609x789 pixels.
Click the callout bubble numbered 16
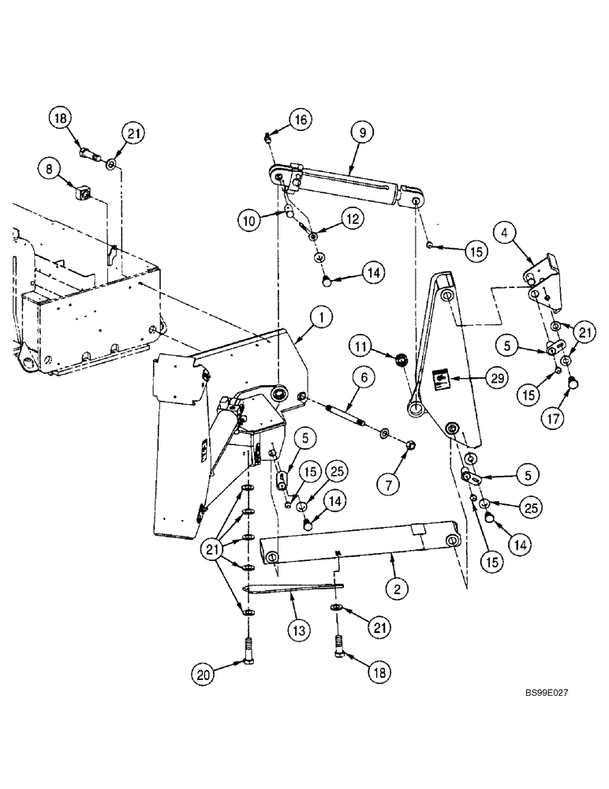click(300, 120)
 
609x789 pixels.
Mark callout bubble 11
click(361, 346)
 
